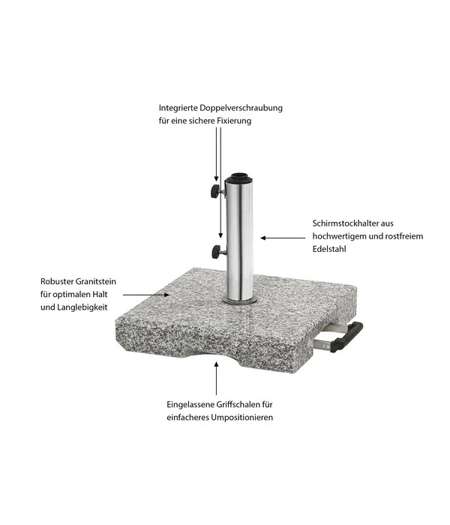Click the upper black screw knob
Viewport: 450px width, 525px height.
214,190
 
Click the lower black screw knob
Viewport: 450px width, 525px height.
216,251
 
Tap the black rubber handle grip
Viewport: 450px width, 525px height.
346,337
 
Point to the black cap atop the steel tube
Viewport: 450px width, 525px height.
238,178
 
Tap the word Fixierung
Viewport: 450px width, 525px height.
234,121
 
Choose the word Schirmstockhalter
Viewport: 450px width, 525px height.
345,223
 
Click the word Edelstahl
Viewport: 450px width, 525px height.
329,249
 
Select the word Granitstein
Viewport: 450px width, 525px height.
96,281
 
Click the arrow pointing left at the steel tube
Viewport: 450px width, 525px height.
283,238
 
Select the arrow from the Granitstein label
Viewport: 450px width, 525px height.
146,295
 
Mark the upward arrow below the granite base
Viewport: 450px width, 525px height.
216,378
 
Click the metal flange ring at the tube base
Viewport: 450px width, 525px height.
240,301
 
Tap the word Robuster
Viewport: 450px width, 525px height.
57,281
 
